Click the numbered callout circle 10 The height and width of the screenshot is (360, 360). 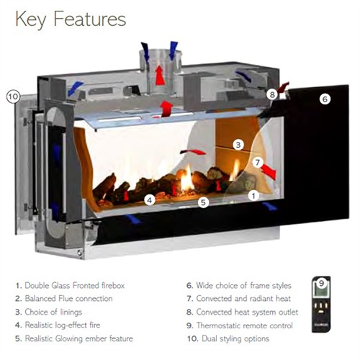click(x=14, y=96)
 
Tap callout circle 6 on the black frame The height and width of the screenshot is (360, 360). click(x=325, y=99)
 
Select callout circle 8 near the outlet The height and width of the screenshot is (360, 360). click(x=272, y=94)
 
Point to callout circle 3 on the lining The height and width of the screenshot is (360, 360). click(x=238, y=145)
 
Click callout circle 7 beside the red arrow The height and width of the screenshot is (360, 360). click(x=258, y=163)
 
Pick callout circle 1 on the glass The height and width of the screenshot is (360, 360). click(x=253, y=196)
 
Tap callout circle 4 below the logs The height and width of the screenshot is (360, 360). click(x=150, y=200)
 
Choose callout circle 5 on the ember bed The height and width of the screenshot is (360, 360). click(x=203, y=202)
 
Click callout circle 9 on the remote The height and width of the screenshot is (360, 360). click(x=321, y=283)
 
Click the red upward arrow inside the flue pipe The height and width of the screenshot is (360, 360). click(x=160, y=75)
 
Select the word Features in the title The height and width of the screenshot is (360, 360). click(x=90, y=19)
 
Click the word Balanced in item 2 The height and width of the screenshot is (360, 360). click(x=40, y=299)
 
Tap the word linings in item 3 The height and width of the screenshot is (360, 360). click(x=71, y=312)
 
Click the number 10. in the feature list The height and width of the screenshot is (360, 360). click(x=193, y=339)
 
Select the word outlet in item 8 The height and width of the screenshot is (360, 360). click(x=288, y=312)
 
